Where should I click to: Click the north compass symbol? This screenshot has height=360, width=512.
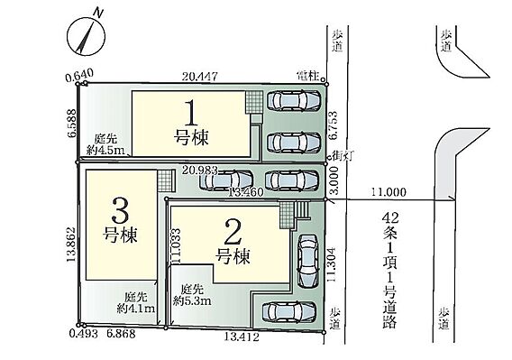pyautogui.click(x=86, y=35)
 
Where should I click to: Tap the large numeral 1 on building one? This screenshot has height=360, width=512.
pyautogui.click(x=191, y=114)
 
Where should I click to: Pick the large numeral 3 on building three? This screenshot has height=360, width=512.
pyautogui.click(x=120, y=210)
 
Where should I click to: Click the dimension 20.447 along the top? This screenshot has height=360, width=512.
pyautogui.click(x=200, y=77)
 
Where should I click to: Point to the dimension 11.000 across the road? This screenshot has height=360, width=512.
pyautogui.click(x=389, y=192)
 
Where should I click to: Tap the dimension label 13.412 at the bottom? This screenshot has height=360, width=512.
pyautogui.click(x=242, y=337)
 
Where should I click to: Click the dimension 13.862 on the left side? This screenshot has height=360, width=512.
pyautogui.click(x=71, y=245)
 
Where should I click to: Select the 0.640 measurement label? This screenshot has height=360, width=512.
pyautogui.click(x=79, y=76)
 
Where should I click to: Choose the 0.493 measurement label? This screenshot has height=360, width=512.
pyautogui.click(x=83, y=334)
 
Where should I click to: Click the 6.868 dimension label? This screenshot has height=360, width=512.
pyautogui.click(x=121, y=334)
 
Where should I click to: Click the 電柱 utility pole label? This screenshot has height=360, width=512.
pyautogui.click(x=307, y=77)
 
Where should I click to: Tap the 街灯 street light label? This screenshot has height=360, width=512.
pyautogui.click(x=342, y=156)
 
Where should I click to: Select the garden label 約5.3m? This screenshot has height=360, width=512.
pyautogui.click(x=192, y=300)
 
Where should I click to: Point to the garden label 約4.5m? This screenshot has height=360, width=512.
pyautogui.click(x=105, y=150)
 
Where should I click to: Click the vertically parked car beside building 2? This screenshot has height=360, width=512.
pyautogui.click(x=307, y=261)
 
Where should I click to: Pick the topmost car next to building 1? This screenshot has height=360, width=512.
pyautogui.click(x=294, y=100)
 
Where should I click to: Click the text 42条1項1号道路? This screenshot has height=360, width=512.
pyautogui.click(x=390, y=270)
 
